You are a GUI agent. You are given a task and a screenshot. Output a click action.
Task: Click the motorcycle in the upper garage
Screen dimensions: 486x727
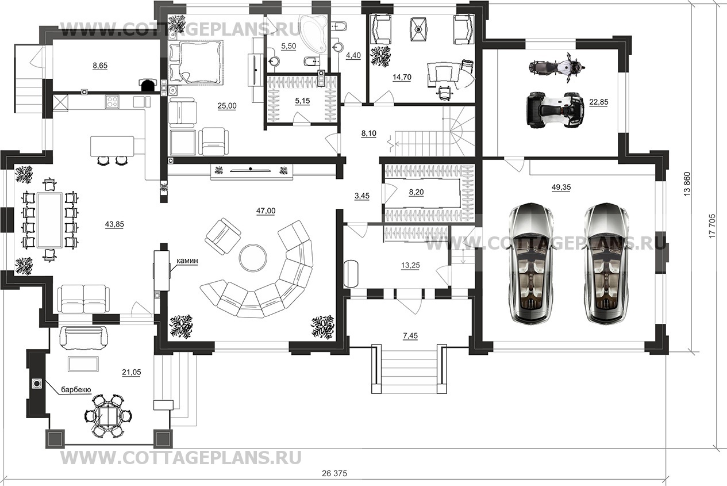click(x=556, y=66)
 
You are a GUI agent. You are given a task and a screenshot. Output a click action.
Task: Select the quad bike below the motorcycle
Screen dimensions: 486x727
click(x=555, y=109)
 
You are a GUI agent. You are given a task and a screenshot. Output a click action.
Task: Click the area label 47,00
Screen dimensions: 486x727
click(x=266, y=211)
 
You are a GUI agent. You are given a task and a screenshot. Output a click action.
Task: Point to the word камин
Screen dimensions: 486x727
click(x=187, y=261)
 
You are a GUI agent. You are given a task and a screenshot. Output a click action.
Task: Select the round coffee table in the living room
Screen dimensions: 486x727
click(x=253, y=257)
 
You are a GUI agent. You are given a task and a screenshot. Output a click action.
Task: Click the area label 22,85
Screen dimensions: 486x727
click(x=598, y=102)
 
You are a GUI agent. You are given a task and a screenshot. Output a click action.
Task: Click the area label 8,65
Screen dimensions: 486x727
click(x=100, y=66)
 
